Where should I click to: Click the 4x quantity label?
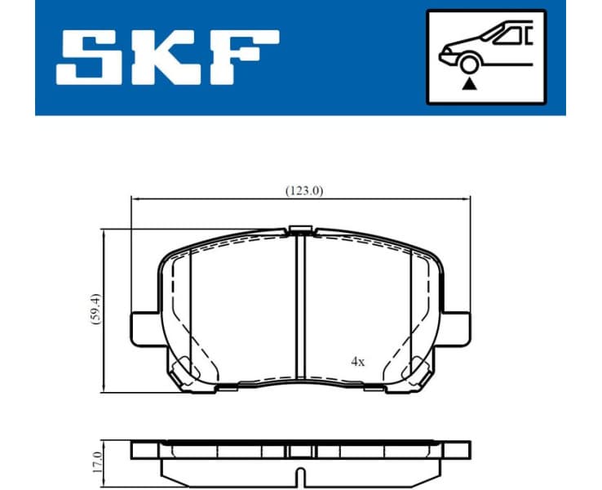click(357, 360)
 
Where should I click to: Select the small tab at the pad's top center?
click(299, 229)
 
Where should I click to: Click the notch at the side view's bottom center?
click(299, 476)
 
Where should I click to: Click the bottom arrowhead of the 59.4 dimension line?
click(104, 386)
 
